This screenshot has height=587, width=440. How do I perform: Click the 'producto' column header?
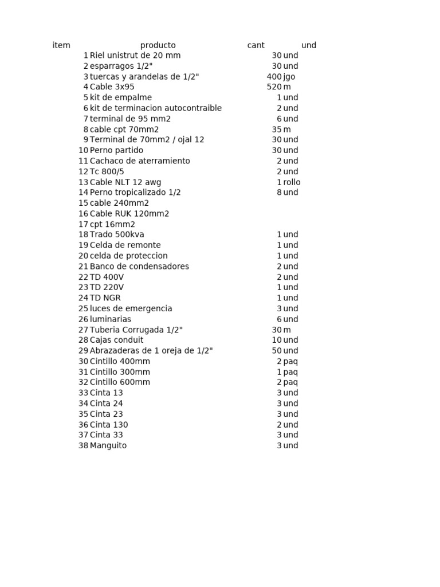click(x=158, y=45)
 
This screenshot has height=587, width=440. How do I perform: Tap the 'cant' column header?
click(x=256, y=45)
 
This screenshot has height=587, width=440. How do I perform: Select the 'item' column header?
click(x=61, y=45)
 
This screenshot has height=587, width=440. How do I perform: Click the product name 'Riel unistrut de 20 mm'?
click(x=135, y=56)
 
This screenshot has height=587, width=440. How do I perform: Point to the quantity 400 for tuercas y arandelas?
click(x=274, y=77)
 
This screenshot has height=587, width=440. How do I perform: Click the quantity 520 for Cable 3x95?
click(x=274, y=87)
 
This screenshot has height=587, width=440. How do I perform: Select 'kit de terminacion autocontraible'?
click(x=155, y=108)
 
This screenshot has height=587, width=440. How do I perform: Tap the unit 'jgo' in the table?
click(x=289, y=77)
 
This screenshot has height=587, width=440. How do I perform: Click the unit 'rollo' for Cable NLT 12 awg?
click(x=292, y=182)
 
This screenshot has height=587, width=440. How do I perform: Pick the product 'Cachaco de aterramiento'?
click(x=140, y=161)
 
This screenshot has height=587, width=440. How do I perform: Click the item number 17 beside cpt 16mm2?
click(x=83, y=224)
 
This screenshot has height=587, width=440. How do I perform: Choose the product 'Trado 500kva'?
click(x=117, y=234)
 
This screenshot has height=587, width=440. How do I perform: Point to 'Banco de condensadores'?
click(x=139, y=267)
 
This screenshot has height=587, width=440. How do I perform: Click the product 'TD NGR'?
click(x=105, y=298)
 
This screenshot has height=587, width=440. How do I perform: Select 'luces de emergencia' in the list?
click(x=131, y=308)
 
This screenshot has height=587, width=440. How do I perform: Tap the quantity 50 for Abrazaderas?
click(x=277, y=351)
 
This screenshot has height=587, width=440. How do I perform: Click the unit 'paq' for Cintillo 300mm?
click(x=290, y=372)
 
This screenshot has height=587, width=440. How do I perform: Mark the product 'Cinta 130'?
click(x=109, y=425)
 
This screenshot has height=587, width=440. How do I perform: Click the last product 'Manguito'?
click(x=108, y=446)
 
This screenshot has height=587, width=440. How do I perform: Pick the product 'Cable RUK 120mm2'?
click(x=129, y=214)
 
